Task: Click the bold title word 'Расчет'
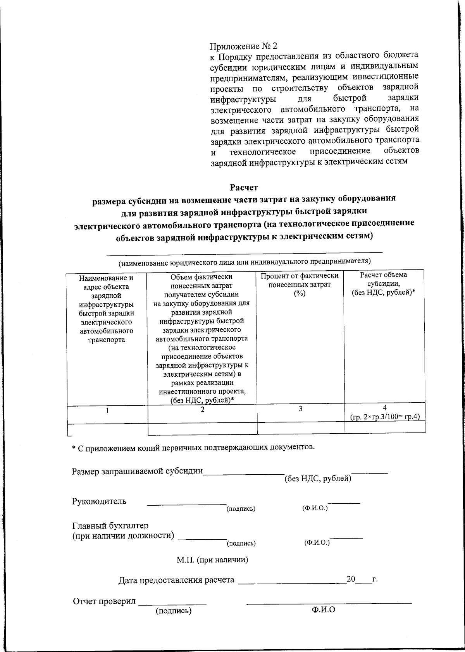click(x=244, y=188)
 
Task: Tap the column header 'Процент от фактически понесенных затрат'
click(x=300, y=285)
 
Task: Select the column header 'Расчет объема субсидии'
click(x=383, y=284)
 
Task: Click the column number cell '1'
click(x=107, y=411)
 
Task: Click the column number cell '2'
click(x=202, y=410)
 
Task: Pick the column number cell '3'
click(x=300, y=409)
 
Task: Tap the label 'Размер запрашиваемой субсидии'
click(x=138, y=471)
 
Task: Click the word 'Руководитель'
click(x=99, y=501)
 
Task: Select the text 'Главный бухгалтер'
click(x=110, y=526)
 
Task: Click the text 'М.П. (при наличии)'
click(x=212, y=560)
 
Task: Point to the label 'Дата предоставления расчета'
click(x=176, y=580)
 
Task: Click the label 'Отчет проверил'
click(x=105, y=601)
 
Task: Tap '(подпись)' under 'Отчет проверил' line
click(x=174, y=611)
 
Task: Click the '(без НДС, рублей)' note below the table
click(x=318, y=479)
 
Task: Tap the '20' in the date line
click(x=351, y=579)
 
